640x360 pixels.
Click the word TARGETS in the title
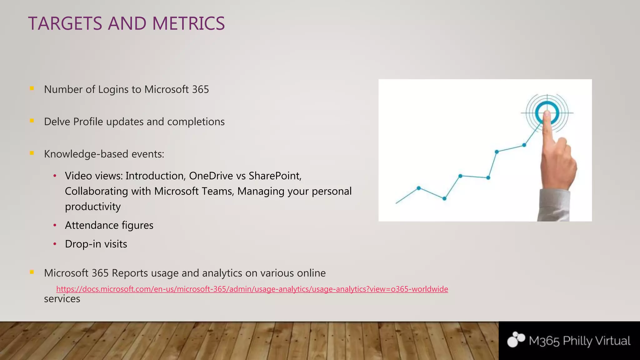[x=65, y=23]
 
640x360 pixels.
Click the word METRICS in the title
[x=188, y=23]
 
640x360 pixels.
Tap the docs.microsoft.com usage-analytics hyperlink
[x=252, y=289]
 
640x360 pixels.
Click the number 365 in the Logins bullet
[x=200, y=89]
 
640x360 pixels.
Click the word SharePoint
[x=275, y=176]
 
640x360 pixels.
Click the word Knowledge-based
[x=86, y=154]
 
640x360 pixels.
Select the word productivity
[x=93, y=207]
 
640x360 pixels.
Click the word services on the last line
[x=62, y=299]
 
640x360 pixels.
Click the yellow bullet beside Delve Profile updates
[x=32, y=121]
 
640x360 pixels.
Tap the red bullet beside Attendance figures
[x=55, y=225]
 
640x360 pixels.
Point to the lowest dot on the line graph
[x=444, y=198]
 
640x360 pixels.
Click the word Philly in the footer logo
[x=577, y=341]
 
